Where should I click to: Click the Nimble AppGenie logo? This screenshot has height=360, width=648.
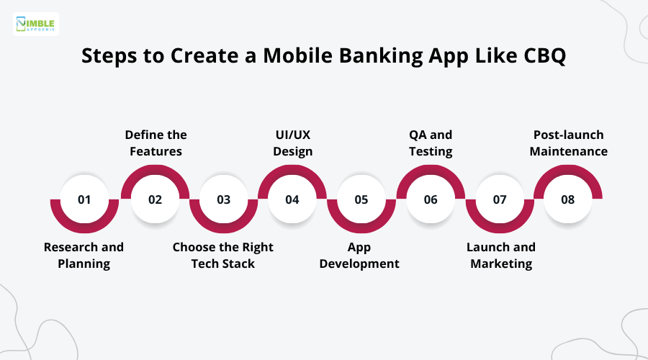coord(37,24)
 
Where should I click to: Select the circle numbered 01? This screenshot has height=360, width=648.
coord(84,199)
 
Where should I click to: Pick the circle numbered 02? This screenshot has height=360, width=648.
coord(155,199)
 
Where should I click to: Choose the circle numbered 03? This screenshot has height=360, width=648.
coord(224,199)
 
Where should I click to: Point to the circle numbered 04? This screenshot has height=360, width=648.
coord(292,199)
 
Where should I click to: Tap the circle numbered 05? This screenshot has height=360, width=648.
coord(361,199)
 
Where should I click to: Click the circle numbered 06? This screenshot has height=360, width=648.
coord(431,199)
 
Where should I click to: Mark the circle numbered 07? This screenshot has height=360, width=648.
coord(500,199)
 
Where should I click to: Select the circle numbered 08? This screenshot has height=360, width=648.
coord(568,199)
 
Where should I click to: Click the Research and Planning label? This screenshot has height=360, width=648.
coord(84,255)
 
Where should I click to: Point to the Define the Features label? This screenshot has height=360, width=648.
coord(156,143)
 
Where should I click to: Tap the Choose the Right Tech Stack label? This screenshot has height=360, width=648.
coord(223,255)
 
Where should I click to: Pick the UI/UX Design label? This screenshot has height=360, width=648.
coord(292,143)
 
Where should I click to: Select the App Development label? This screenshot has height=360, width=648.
coord(359,255)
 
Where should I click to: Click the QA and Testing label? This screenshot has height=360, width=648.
coord(431,143)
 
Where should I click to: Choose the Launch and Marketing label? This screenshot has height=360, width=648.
coord(501,255)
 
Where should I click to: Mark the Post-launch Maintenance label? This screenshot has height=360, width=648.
coord(569,143)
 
